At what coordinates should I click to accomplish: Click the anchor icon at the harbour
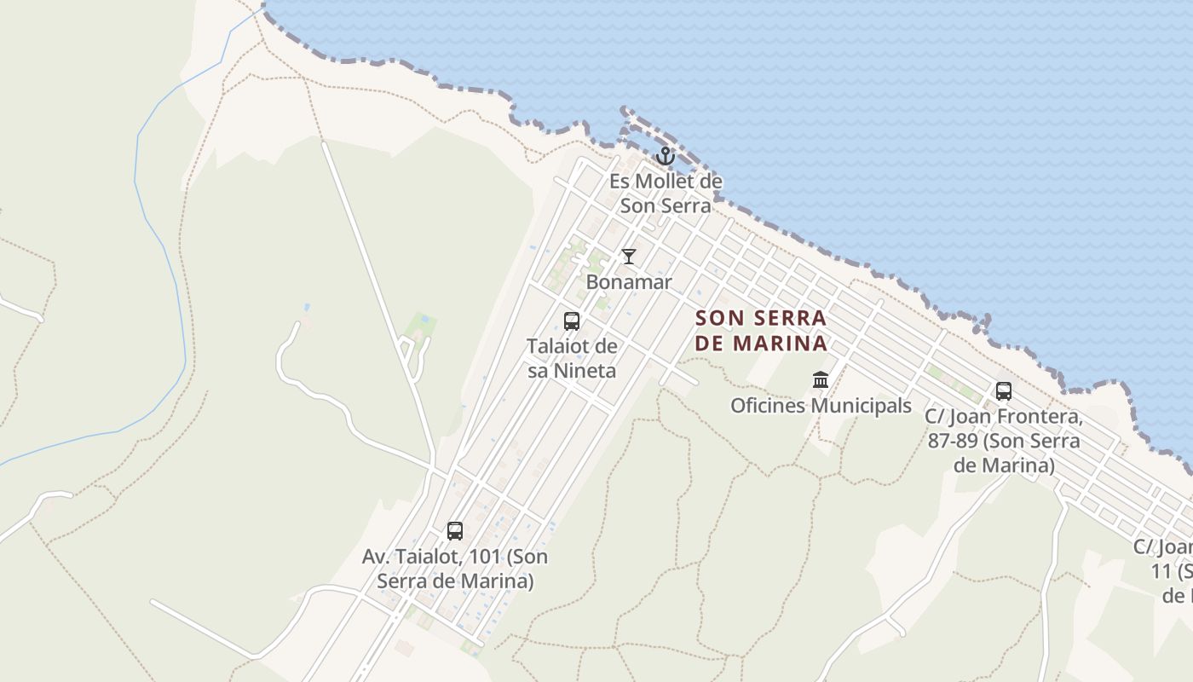coord(666,156)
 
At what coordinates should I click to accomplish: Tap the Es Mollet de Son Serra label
coord(666,193)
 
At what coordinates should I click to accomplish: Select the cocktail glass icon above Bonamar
coord(629,257)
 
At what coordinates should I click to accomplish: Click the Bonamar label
coord(629,282)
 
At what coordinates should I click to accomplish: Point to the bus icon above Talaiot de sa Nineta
coord(572,321)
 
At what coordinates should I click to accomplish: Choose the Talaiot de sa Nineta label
coord(572,358)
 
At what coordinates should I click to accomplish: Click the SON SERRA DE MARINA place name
coord(761,330)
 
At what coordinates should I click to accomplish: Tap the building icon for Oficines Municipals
coord(821,379)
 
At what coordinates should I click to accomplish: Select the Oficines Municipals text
coord(821,406)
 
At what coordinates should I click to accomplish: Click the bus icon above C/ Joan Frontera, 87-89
coord(1004,391)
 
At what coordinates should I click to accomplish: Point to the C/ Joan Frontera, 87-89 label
coord(1004,442)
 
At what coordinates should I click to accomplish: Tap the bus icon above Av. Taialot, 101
coord(455,531)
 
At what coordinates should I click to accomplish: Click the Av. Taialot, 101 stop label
coord(455,569)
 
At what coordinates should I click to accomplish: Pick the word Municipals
coord(861,406)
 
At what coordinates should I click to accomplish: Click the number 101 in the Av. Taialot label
coord(482,557)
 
